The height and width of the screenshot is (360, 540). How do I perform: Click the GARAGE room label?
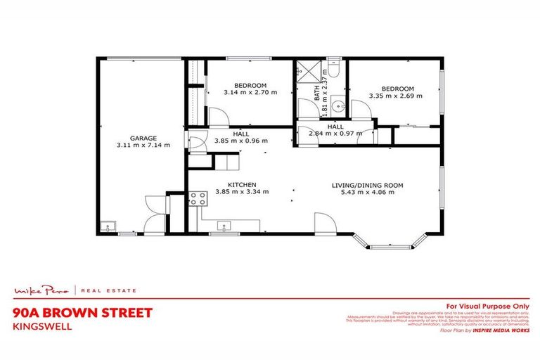[x=142, y=138]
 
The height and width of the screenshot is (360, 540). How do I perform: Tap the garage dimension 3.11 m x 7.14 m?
[x=142, y=146]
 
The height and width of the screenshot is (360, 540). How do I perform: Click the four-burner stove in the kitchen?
[x=198, y=199]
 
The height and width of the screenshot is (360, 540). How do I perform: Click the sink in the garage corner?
[x=108, y=227]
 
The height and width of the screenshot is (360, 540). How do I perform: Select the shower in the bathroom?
[x=306, y=71]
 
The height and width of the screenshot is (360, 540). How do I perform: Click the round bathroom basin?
[x=337, y=107]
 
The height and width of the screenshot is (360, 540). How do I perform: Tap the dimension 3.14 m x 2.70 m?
[x=250, y=92]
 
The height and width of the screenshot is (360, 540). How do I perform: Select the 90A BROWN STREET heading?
[x=82, y=312]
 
